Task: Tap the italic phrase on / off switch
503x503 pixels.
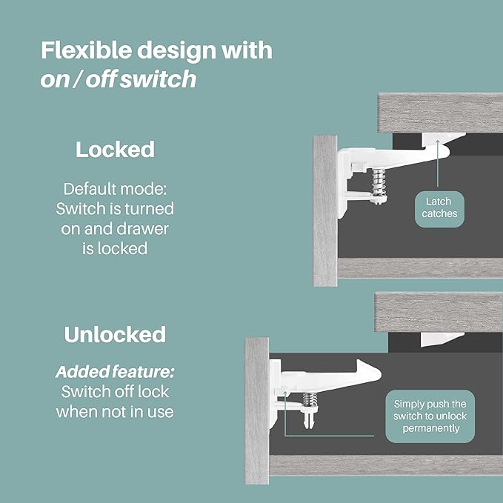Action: click(x=118, y=79)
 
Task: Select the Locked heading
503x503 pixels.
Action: click(x=115, y=150)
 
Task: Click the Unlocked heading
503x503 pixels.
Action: click(x=115, y=334)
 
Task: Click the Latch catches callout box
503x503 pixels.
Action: click(x=440, y=207)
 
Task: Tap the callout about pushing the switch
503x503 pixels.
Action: click(x=430, y=416)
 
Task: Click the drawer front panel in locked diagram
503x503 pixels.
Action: click(x=325, y=211)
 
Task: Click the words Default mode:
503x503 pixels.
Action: click(x=115, y=188)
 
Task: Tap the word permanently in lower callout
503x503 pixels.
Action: click(x=430, y=429)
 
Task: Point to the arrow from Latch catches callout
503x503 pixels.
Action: click(x=438, y=174)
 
